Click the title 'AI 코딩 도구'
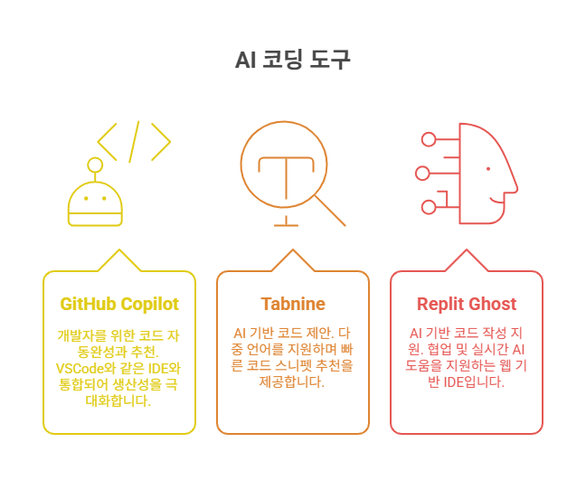(292, 60)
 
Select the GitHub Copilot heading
(119, 304)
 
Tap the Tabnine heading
(292, 304)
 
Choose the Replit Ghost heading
(467, 304)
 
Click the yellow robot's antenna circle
(94, 165)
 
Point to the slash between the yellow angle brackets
(134, 141)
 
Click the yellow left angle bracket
(107, 141)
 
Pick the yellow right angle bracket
(161, 141)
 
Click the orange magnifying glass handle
(330, 211)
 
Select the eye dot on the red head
(488, 169)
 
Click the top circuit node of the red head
(429, 138)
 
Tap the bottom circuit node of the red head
(429, 207)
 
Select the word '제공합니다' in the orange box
(292, 381)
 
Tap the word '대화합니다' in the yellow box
(119, 400)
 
